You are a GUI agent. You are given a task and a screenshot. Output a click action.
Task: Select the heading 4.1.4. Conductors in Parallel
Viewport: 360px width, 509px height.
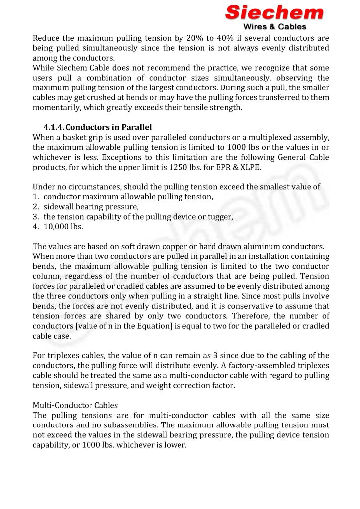[x=97, y=127]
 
